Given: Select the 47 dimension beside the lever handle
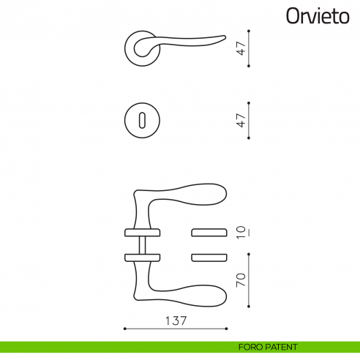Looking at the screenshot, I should pyautogui.click(x=240, y=49).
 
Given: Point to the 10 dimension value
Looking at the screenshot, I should pyautogui.click(x=240, y=233).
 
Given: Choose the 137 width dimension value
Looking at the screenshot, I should pyautogui.click(x=176, y=320).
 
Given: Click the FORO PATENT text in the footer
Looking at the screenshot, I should pyautogui.click(x=267, y=347).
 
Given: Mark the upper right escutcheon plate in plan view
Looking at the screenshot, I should pyautogui.click(x=209, y=233).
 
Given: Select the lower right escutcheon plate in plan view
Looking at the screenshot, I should pyautogui.click(x=209, y=257).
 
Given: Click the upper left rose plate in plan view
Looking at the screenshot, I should pyautogui.click(x=142, y=233).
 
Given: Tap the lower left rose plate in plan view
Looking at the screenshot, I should pyautogui.click(x=142, y=257).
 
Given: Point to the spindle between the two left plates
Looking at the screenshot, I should pyautogui.click(x=142, y=245).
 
